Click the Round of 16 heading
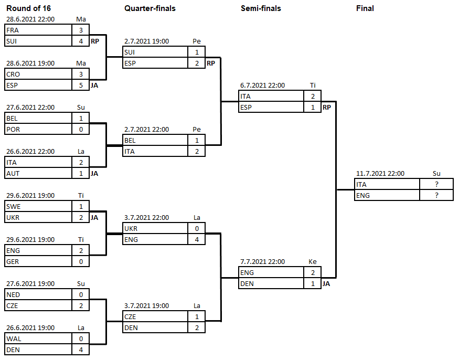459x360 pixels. click(x=29, y=8)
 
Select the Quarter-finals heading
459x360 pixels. click(x=150, y=8)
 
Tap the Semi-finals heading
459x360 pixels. click(x=261, y=8)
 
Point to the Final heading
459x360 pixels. click(x=365, y=8)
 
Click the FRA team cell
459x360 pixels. click(x=38, y=30)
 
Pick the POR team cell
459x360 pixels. click(x=38, y=129)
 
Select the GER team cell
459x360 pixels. click(x=38, y=261)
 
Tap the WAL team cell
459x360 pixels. click(x=38, y=338)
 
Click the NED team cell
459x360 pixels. click(x=38, y=294)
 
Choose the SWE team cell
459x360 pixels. click(x=38, y=206)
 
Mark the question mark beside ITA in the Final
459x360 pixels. click(x=436, y=184)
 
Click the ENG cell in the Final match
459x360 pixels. click(x=387, y=195)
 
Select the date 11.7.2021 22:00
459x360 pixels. click(x=380, y=174)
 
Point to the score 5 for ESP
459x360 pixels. click(x=81, y=85)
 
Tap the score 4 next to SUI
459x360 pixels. click(x=81, y=41)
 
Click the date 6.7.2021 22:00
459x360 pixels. click(x=262, y=86)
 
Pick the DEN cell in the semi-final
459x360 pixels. click(x=271, y=283)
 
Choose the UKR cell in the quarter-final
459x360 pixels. click(x=155, y=228)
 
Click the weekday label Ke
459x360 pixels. click(x=313, y=262)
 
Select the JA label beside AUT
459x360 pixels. click(x=94, y=173)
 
